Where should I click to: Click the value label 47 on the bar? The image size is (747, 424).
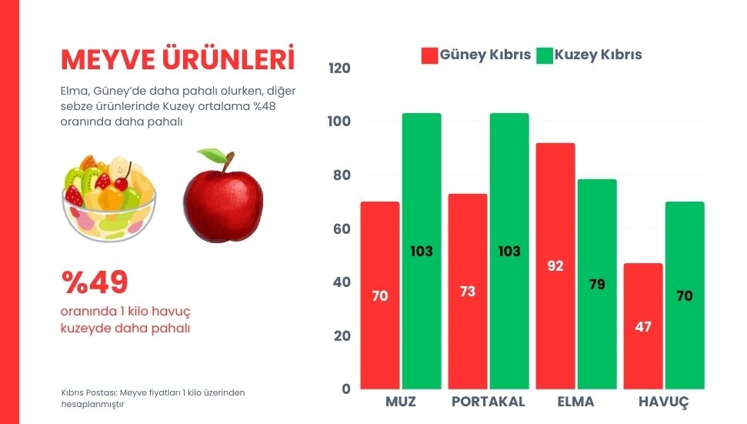coord(643,326)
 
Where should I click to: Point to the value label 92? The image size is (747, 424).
coord(555,266)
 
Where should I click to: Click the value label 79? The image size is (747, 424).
coord(597,284)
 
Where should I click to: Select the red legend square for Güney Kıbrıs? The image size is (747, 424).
coord(429,55)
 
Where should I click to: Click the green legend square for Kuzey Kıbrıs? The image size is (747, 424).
coord(545,55)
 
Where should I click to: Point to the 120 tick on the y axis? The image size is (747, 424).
coord(339,68)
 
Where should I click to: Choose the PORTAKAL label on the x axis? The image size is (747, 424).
coord(488,402)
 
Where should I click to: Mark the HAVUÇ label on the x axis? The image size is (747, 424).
coord(663,402)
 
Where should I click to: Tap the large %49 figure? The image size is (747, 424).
coord(95,283)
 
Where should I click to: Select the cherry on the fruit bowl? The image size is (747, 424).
coord(122,183)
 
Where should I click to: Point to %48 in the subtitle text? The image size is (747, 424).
coord(262,105)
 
